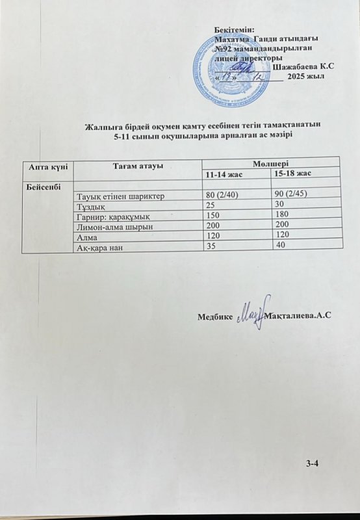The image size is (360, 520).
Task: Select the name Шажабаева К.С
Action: click(304, 68)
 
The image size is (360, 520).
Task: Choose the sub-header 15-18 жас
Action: click(293, 175)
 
